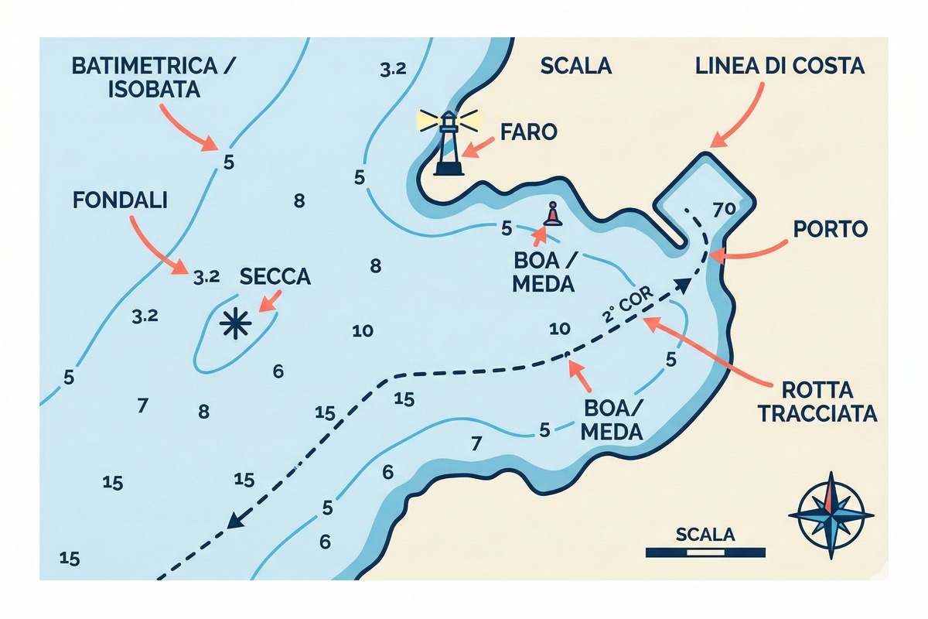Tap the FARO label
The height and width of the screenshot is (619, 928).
[529, 132]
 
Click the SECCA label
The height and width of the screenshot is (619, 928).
[275, 276]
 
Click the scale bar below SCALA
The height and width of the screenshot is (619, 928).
[705, 552]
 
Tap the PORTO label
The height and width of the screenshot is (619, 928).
[831, 229]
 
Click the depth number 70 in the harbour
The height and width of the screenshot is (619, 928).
[723, 209]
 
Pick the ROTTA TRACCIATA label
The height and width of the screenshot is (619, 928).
[817, 401]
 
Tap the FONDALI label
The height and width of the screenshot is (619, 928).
[120, 200]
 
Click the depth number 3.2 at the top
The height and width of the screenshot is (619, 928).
[393, 69]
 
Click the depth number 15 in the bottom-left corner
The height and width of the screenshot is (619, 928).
[70, 558]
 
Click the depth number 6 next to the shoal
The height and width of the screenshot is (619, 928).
[278, 371]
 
